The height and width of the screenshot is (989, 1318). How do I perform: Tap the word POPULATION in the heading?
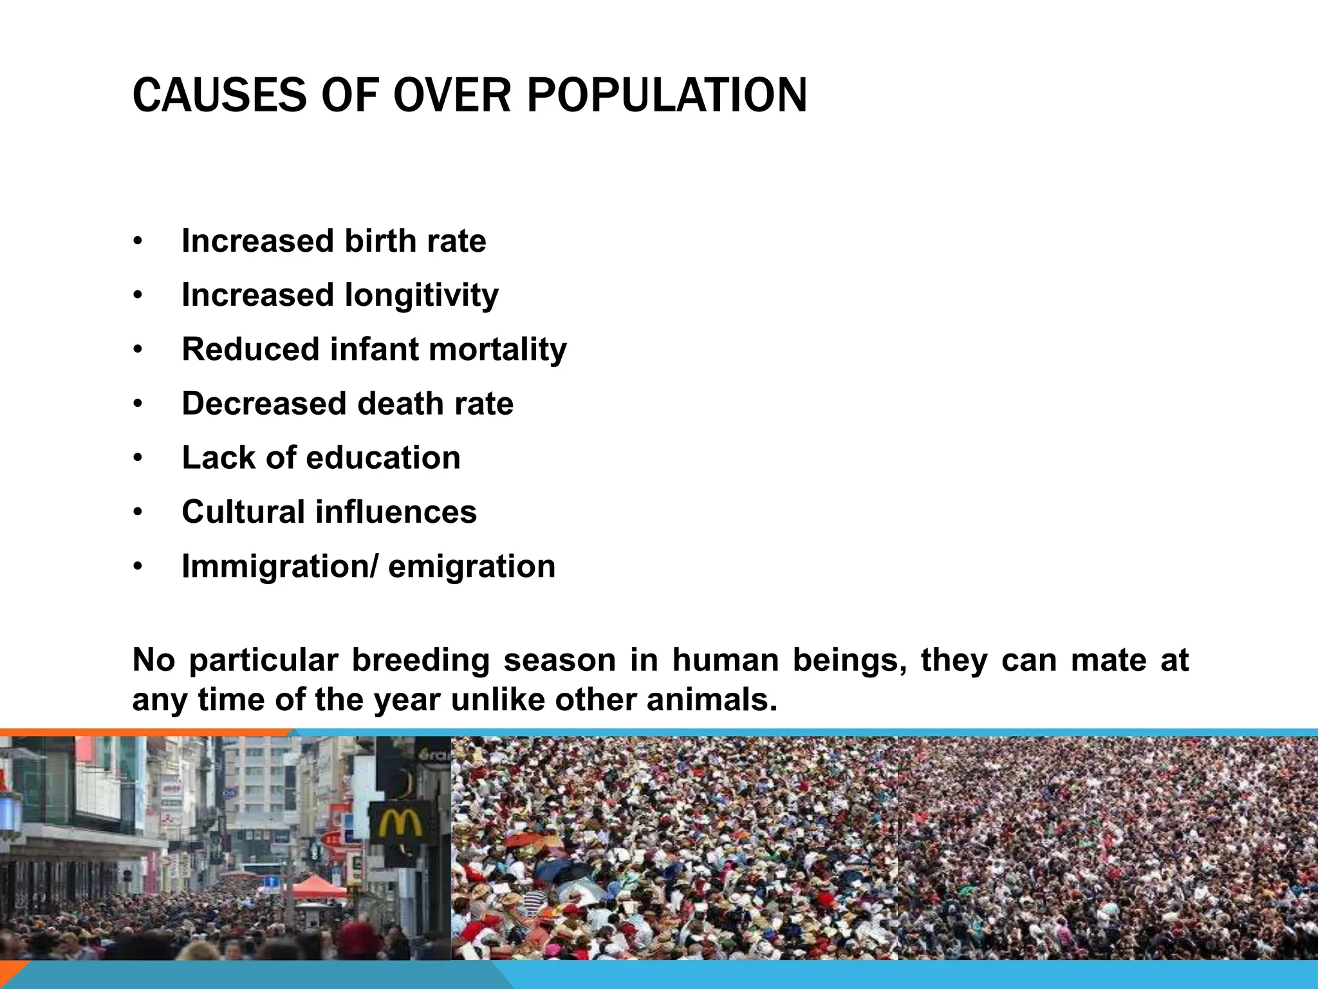[x=666, y=96]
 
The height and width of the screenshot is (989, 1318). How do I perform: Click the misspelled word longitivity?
[x=421, y=296]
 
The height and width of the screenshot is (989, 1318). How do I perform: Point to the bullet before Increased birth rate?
[x=137, y=242]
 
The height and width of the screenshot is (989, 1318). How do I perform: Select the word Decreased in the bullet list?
[x=263, y=404]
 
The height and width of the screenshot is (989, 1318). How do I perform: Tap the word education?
[x=383, y=458]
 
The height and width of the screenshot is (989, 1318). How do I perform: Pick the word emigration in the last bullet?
[x=472, y=567]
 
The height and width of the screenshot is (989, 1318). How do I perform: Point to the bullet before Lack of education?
[x=137, y=458]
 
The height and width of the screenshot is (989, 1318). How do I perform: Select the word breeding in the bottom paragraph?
[x=421, y=660]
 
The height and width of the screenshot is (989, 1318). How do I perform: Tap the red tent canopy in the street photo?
[x=317, y=887]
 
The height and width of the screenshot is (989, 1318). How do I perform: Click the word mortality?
[x=497, y=350]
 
